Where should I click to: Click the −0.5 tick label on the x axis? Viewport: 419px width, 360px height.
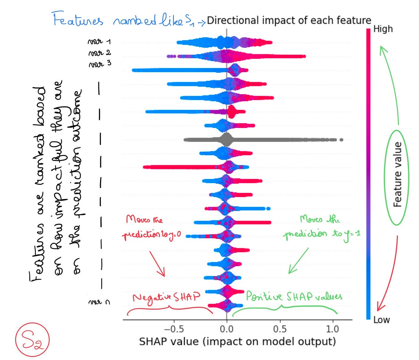(174, 329)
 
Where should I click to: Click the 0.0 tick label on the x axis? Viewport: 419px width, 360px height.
(226, 329)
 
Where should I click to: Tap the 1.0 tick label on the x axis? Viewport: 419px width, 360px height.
(333, 329)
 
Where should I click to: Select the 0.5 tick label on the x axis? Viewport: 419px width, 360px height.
(280, 329)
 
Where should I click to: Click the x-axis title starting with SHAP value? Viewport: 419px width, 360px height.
(237, 342)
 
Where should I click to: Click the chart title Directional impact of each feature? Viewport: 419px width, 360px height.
(289, 20)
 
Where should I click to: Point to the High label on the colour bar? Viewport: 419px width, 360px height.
(383, 29)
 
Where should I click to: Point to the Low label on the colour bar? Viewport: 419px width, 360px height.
(381, 320)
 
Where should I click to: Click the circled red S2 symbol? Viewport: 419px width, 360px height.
(32, 340)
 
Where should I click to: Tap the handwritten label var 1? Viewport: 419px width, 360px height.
(99, 41)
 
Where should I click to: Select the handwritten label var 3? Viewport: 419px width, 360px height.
(100, 64)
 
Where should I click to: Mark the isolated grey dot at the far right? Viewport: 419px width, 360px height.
(341, 140)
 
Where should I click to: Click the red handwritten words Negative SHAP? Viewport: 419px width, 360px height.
(166, 297)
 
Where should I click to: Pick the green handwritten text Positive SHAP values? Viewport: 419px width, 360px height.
(294, 297)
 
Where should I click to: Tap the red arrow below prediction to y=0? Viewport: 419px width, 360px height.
(157, 264)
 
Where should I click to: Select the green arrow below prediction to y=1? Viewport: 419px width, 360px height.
(298, 261)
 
